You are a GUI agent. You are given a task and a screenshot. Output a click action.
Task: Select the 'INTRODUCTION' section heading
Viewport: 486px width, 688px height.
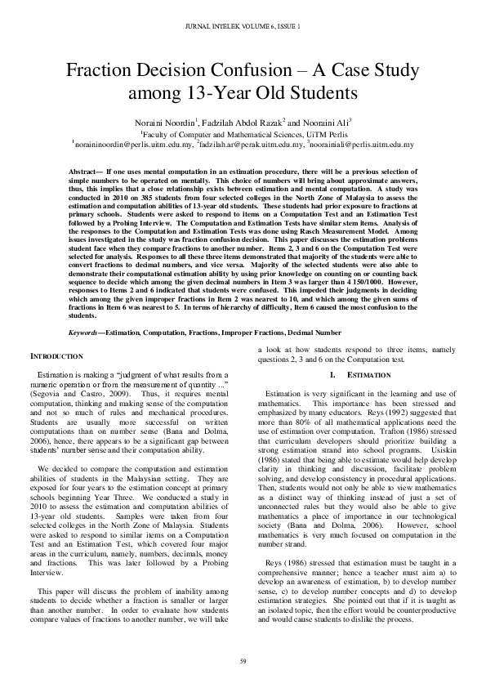[56, 334]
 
